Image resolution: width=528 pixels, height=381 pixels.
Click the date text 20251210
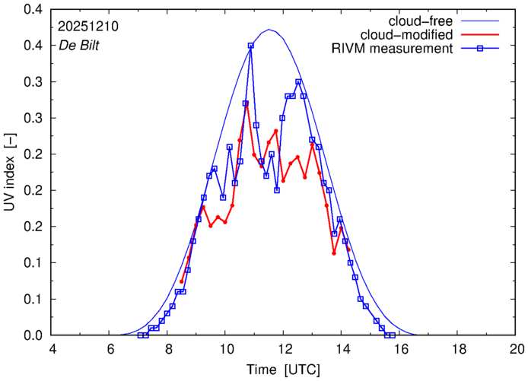pos(87,26)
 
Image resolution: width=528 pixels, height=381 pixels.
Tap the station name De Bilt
pos(79,43)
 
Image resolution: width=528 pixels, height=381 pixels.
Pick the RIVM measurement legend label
pos(393,49)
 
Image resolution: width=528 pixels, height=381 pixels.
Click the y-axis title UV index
pos(11,174)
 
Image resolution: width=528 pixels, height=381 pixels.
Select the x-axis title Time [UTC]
pos(284,370)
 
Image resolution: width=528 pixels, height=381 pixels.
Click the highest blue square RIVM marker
pos(251,46)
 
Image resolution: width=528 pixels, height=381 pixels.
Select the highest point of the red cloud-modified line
pos(247,103)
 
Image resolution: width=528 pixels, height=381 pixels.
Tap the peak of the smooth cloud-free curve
pos(270,30)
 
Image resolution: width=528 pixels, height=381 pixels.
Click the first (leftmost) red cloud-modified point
pos(181,281)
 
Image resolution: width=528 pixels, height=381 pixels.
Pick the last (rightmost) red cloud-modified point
pos(348,249)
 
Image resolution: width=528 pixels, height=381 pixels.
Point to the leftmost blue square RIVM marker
pos(140,335)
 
